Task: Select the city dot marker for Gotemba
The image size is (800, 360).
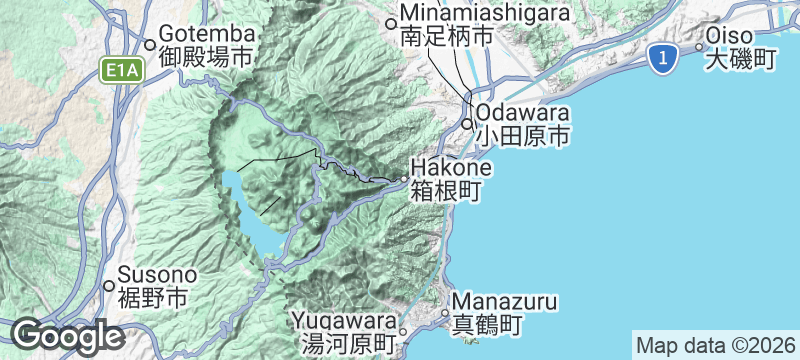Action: pyautogui.click(x=149, y=44)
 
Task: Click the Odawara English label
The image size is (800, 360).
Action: pyautogui.click(x=523, y=112)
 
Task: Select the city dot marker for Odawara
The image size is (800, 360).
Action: pyautogui.click(x=468, y=124)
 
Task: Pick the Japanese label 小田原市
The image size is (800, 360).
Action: pyautogui.click(x=523, y=134)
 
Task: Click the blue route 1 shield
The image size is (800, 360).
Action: pyautogui.click(x=659, y=58)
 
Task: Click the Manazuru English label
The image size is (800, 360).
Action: pyautogui.click(x=504, y=301)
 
